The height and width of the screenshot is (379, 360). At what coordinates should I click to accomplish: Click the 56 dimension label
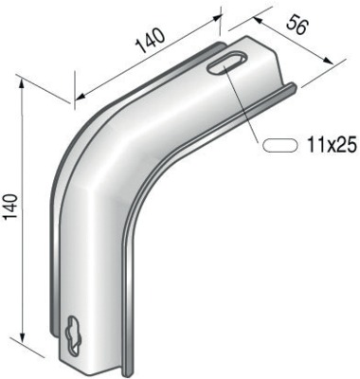click(x=297, y=26)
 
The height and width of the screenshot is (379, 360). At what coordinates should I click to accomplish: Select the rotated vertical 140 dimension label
click(x=10, y=207)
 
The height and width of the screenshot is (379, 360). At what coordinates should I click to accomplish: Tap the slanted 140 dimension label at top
click(x=151, y=41)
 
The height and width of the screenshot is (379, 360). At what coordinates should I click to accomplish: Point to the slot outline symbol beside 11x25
click(x=280, y=145)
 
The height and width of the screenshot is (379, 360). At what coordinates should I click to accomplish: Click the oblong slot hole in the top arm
click(x=226, y=63)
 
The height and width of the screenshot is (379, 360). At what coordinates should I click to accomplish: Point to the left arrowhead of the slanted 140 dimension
click(x=81, y=96)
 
